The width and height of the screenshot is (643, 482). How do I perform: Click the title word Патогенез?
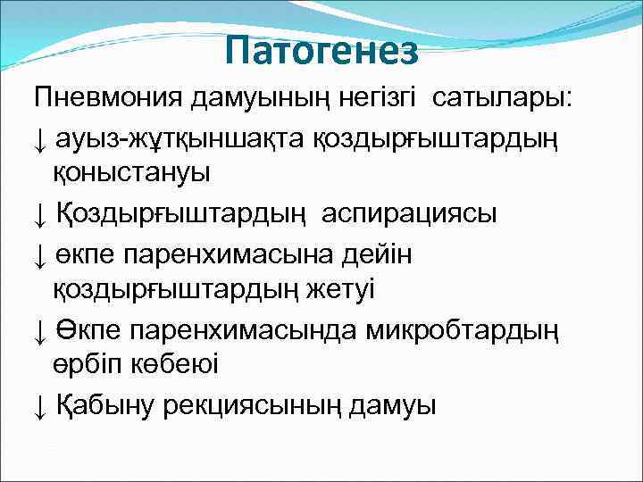[321, 52]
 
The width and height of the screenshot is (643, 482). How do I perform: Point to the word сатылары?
[505, 98]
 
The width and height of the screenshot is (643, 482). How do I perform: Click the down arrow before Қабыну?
[41, 407]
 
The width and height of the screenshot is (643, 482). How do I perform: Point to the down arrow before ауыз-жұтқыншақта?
[41, 137]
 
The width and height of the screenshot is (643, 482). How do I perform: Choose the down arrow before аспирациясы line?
[41, 214]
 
